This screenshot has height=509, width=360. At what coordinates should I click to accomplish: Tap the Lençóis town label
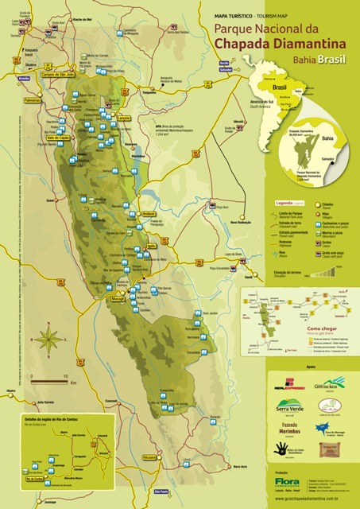123,117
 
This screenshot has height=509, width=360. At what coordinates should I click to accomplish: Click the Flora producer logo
287,482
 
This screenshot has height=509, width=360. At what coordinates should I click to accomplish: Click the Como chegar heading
322,327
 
